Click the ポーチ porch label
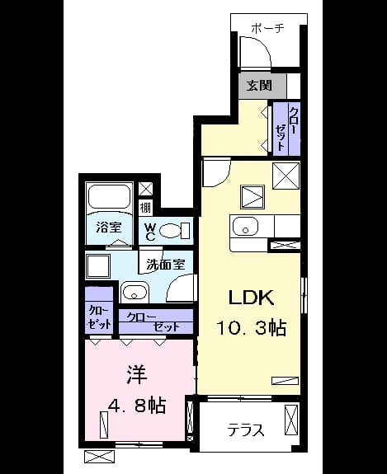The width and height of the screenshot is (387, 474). coord(268,28)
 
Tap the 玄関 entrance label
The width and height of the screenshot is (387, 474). coord(259,86)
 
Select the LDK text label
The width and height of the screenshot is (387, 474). coord(251,298)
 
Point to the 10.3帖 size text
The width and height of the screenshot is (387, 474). coord(251,328)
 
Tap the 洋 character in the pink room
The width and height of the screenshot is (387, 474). coord(137,375)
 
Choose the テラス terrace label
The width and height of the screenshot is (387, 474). coord(246,430)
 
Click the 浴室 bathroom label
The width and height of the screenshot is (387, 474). coord(109,228)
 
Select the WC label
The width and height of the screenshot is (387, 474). coord(150,232)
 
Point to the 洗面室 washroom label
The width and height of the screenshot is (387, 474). coord(166,265)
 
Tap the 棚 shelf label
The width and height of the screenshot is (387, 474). coord(145,208)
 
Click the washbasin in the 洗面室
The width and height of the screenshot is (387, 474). coord(135,292)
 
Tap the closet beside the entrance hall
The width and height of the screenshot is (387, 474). coord(286,129)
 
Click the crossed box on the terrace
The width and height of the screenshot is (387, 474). coord(291,420)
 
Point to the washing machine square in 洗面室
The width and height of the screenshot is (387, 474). coord(98,265)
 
